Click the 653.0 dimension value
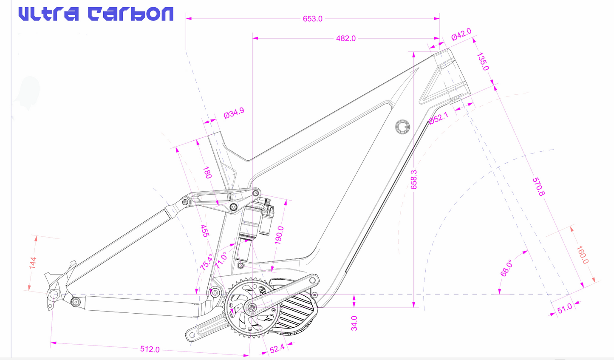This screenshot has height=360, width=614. [312, 19]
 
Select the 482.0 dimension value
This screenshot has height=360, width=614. [345, 38]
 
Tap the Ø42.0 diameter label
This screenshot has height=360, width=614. [461, 34]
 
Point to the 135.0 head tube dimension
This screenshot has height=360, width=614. [483, 62]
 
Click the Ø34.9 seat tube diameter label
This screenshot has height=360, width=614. [234, 113]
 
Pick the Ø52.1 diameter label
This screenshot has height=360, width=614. [438, 118]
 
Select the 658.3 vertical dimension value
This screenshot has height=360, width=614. [414, 179]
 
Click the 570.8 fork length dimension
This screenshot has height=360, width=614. [538, 187]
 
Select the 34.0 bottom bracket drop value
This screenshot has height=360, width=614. [354, 323]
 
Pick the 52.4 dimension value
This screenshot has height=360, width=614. [277, 349]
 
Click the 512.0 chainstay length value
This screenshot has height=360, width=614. [150, 349]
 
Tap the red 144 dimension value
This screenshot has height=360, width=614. [33, 263]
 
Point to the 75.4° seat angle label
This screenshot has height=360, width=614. [206, 262]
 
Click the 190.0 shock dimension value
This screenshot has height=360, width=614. [279, 235]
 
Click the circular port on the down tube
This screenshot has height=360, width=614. [402, 126]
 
